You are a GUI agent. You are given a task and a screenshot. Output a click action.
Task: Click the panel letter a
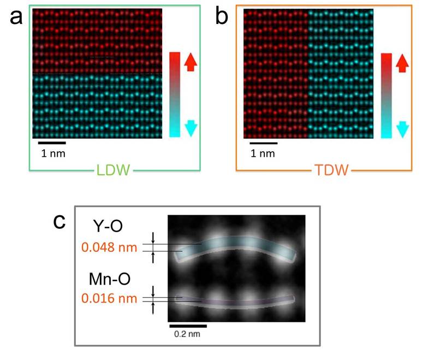click(16, 18)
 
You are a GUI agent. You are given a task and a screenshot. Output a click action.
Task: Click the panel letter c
click(59, 222)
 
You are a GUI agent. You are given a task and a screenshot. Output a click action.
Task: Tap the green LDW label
click(113, 170)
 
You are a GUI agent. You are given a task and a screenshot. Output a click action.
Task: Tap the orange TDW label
click(331, 170)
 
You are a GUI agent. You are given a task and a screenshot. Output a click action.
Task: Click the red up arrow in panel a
click(191, 62)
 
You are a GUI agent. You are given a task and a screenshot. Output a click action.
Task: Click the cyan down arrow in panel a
click(191, 128)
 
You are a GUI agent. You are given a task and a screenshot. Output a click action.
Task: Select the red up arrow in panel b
click(402, 63)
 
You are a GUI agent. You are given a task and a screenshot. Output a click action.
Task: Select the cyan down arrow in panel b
click(403, 129)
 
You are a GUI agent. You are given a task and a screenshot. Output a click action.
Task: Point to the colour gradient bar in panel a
click(175, 95)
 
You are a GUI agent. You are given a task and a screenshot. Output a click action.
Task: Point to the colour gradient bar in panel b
click(386, 96)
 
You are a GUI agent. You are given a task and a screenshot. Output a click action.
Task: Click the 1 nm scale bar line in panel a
click(52, 143)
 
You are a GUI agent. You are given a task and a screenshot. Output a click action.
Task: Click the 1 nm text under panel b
click(263, 154)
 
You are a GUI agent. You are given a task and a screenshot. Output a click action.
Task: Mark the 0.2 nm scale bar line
click(188, 326)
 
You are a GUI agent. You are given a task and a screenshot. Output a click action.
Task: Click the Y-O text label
click(108, 226)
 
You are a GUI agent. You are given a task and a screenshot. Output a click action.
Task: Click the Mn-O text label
click(110, 279)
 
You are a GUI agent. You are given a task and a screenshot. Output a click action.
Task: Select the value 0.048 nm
click(109, 247)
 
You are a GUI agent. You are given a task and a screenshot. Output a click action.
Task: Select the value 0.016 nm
click(109, 298)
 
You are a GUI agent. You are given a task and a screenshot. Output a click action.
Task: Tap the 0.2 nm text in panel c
click(187, 334)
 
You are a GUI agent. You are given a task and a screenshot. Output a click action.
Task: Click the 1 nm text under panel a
click(54, 154)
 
